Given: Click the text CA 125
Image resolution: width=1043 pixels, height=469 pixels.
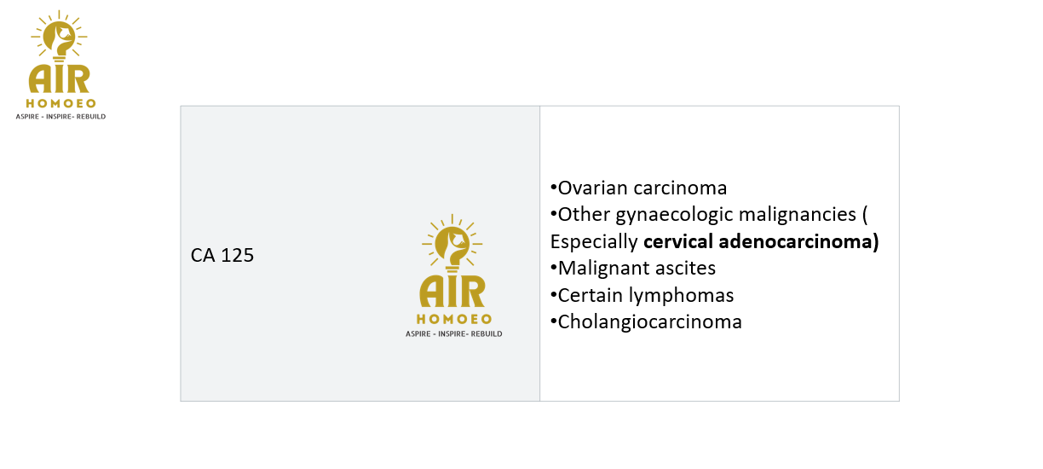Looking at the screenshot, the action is pos(222,255).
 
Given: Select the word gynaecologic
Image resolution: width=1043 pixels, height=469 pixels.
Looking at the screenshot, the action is pos(674,216).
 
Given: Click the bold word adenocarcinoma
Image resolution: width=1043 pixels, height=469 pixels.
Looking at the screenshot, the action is pos(795,241).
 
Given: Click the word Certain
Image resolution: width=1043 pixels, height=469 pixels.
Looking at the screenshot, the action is pos(591,295).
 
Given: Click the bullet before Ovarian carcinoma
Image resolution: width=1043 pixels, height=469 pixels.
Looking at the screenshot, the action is pos(554,188).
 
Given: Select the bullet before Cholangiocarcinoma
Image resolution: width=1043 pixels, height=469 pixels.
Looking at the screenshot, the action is pos(554,321).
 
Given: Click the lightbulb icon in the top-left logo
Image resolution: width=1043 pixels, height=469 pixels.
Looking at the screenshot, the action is pos(59,38).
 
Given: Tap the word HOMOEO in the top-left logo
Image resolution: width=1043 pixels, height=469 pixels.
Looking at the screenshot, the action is pos(61,103).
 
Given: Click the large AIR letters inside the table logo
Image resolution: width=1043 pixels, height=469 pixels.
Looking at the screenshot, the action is pos(452,292).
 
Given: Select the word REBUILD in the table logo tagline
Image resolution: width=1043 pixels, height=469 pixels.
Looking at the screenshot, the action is pos(486,334).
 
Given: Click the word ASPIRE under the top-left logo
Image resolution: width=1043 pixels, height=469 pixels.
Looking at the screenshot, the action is pos(27,117).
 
